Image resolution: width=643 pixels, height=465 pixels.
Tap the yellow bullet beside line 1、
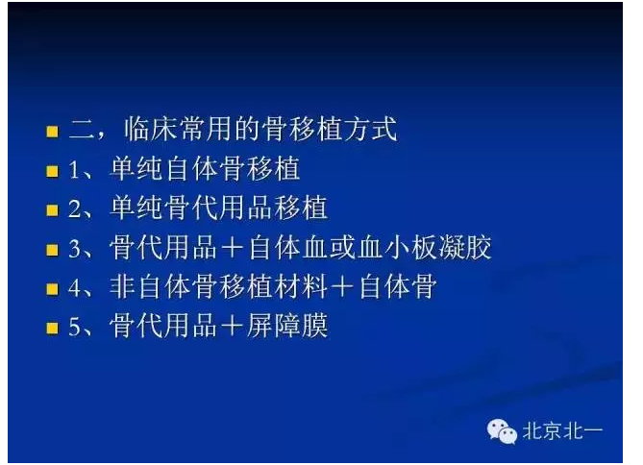(53, 171)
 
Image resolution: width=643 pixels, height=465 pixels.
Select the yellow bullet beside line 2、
(53, 209)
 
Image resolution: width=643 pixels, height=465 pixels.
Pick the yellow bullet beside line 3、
(53, 249)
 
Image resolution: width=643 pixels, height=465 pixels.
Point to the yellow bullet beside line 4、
(53, 288)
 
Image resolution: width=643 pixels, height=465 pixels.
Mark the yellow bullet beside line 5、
(53, 328)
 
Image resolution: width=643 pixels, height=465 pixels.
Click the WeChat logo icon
(501, 431)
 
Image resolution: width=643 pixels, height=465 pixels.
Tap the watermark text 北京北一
(562, 431)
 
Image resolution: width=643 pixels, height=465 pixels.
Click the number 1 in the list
(75, 171)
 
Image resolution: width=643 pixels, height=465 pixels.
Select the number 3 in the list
(75, 249)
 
